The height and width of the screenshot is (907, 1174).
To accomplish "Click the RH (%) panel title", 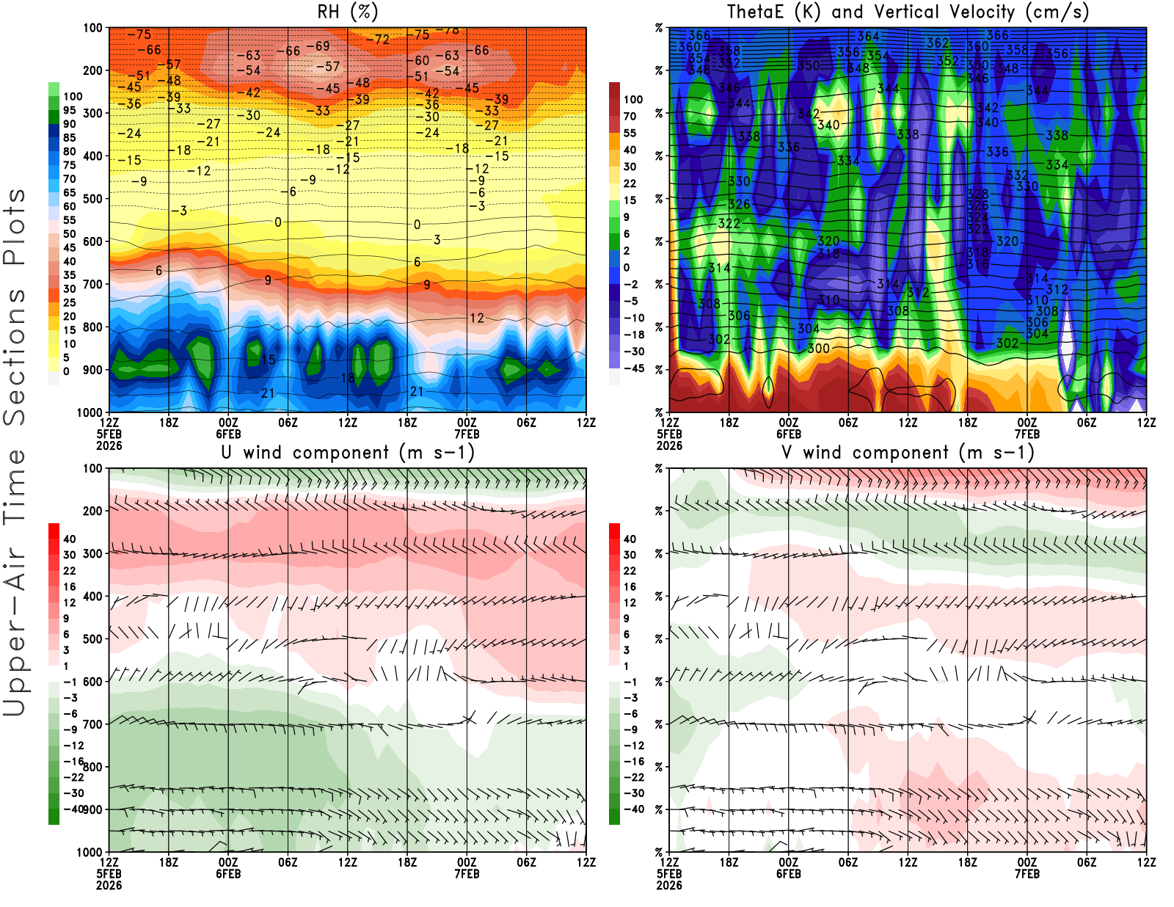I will [x=347, y=12].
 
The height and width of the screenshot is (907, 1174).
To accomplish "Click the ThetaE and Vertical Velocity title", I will [x=908, y=12].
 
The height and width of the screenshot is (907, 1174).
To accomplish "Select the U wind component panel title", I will [x=348, y=452].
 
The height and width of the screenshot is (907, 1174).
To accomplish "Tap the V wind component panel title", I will [x=908, y=452].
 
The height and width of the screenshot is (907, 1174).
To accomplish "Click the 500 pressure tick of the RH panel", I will [x=92, y=199].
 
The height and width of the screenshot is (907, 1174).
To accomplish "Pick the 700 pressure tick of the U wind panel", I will [x=92, y=724].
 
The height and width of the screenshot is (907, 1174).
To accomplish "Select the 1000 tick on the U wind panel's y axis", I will [x=90, y=852].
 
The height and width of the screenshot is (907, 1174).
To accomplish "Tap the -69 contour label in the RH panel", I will [x=318, y=46].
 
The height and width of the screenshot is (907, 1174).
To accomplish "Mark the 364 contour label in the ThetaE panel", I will [x=868, y=36].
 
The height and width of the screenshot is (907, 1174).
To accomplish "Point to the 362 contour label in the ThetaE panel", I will [x=937, y=43].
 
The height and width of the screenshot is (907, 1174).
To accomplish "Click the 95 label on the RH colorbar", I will [x=69, y=110].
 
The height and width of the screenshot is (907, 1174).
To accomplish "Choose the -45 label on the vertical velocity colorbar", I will [x=633, y=368].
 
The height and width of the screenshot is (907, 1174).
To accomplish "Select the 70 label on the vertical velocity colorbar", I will [x=630, y=116].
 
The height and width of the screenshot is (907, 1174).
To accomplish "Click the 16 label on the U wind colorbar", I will [x=69, y=586].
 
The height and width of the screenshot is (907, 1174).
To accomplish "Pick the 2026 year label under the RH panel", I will [x=109, y=445].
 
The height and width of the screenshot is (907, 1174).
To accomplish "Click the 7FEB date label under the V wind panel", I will [x=1027, y=874].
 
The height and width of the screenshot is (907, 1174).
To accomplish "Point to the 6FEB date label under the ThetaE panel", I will [x=788, y=434].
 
